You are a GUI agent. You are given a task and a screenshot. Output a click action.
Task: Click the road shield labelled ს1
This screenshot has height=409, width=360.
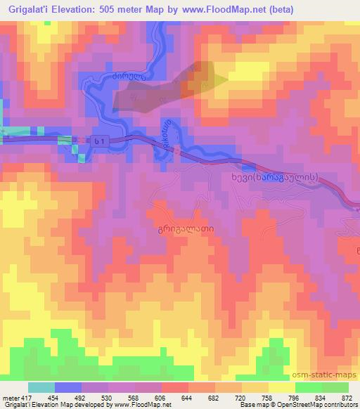[x=101, y=141]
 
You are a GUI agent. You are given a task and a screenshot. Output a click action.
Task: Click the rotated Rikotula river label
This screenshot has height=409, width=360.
[x=167, y=131]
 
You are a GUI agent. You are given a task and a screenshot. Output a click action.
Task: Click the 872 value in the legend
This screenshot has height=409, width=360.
[x=347, y=397]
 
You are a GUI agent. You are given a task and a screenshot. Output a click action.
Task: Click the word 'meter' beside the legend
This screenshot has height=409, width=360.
[x=8, y=397]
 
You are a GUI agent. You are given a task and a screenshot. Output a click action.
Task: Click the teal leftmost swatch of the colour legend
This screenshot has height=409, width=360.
[x=41, y=387]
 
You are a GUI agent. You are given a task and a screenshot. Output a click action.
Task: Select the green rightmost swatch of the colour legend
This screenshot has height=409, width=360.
[x=335, y=387]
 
